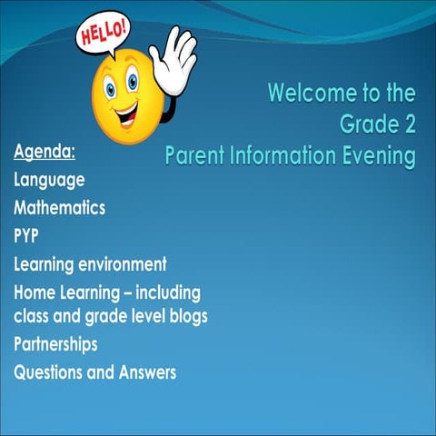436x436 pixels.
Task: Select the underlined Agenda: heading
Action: coord(45,151)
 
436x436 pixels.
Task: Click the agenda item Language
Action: coord(49,180)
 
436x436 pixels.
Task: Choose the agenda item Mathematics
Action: coord(59,208)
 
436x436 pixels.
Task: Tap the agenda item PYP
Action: coord(26,236)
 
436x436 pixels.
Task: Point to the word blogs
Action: coord(185,316)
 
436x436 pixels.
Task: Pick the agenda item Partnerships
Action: coord(55,344)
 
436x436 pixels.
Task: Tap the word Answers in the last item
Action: coord(145,372)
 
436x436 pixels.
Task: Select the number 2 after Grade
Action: coord(407,124)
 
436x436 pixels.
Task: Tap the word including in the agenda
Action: coord(166,292)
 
